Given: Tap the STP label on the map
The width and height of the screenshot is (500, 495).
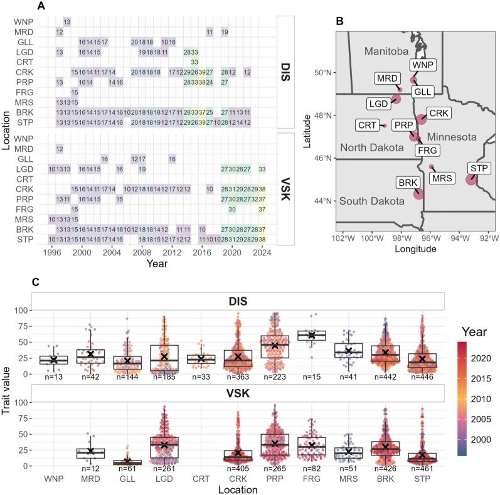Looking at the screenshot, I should (x=481, y=168).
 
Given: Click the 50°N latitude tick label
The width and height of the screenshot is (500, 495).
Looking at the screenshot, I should (x=322, y=73).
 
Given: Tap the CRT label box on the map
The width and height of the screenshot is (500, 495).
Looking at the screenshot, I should (x=367, y=125).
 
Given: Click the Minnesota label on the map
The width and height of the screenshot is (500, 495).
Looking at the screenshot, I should (x=448, y=136).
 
